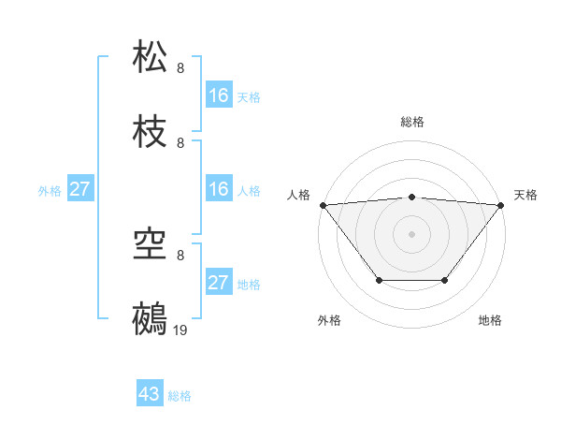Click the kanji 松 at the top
tap(151, 56)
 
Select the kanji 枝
tap(151, 132)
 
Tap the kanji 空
tap(151, 244)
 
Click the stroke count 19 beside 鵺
tap(180, 330)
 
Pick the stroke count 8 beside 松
tap(180, 67)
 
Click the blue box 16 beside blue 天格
tap(219, 95)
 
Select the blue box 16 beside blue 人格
tap(219, 190)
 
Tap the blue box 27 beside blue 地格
tap(219, 284)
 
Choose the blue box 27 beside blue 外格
tap(79, 190)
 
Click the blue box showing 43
tap(150, 395)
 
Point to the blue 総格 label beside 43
tap(180, 396)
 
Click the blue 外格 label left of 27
tap(50, 191)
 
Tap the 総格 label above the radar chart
tap(412, 122)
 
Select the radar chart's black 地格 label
tap(490, 320)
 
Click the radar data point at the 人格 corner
tap(323, 205)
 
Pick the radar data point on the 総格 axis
tap(412, 197)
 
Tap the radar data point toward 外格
tap(379, 280)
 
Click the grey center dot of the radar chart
tap(412, 234)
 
